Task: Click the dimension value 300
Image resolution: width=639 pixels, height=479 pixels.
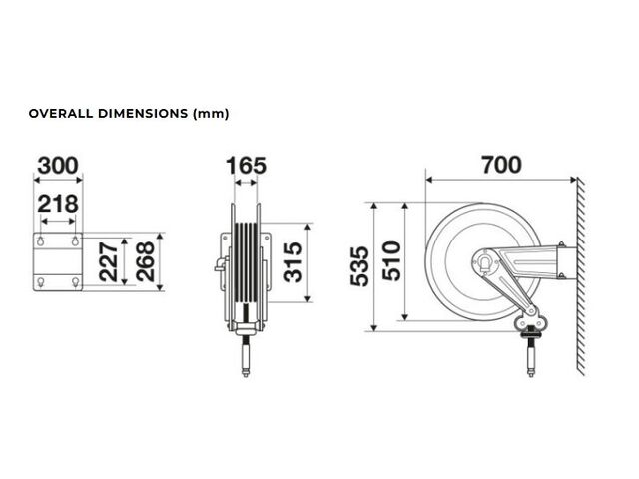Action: [x=58, y=166]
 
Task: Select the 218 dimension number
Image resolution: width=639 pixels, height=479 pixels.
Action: [x=58, y=204]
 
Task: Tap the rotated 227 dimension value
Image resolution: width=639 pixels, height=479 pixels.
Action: [x=109, y=261]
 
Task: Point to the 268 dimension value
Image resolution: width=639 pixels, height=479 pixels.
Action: [x=145, y=261]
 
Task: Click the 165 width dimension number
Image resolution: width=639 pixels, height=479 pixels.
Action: [x=246, y=166]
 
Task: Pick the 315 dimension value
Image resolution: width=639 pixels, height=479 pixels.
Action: [x=293, y=262]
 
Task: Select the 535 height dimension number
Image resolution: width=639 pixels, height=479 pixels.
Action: [x=359, y=266]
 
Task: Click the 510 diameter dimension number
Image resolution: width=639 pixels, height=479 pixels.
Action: [x=391, y=261]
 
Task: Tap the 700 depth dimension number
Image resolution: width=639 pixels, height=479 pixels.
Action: [x=501, y=165]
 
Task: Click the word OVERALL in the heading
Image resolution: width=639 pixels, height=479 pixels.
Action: [x=61, y=113]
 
